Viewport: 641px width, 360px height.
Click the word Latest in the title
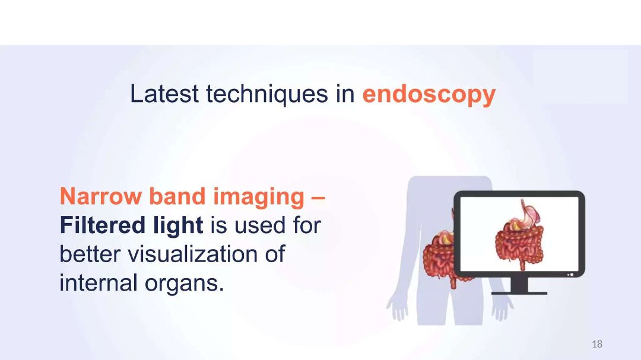(x=164, y=94)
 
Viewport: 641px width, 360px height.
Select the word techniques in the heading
(x=267, y=94)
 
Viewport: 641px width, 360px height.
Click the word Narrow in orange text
(x=100, y=196)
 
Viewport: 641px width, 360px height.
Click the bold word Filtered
(x=103, y=225)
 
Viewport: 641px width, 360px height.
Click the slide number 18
(x=597, y=344)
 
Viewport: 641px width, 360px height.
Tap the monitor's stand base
(x=519, y=293)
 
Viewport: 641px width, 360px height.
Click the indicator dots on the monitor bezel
(x=570, y=275)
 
